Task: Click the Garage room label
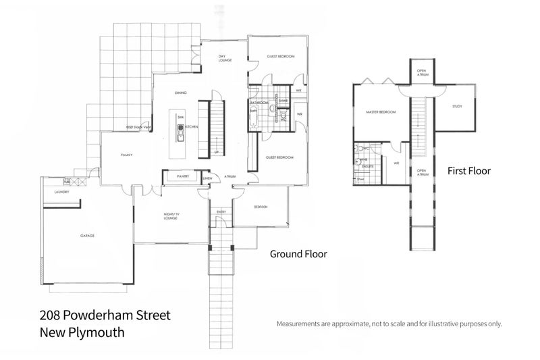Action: click(x=87, y=236)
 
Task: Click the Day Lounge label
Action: click(x=225, y=59)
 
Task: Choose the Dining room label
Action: click(x=180, y=93)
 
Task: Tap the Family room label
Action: click(x=126, y=155)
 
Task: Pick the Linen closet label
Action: click(x=207, y=178)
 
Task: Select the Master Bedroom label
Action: click(x=380, y=112)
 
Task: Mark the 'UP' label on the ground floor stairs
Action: click(x=215, y=152)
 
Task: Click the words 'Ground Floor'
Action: click(x=298, y=255)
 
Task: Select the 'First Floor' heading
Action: click(x=469, y=171)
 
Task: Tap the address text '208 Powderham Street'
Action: click(x=105, y=315)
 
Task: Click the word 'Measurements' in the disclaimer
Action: click(x=302, y=324)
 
